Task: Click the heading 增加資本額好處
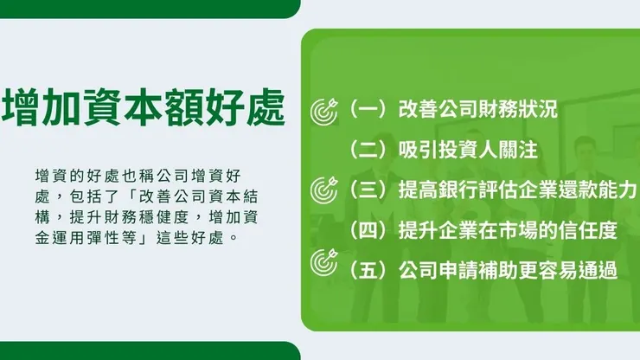tap(144, 109)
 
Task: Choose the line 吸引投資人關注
tap(468, 150)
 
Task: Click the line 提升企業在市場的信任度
tap(508, 230)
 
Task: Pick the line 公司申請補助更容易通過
tap(508, 270)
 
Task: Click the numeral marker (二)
tap(367, 150)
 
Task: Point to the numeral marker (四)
tap(367, 230)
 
